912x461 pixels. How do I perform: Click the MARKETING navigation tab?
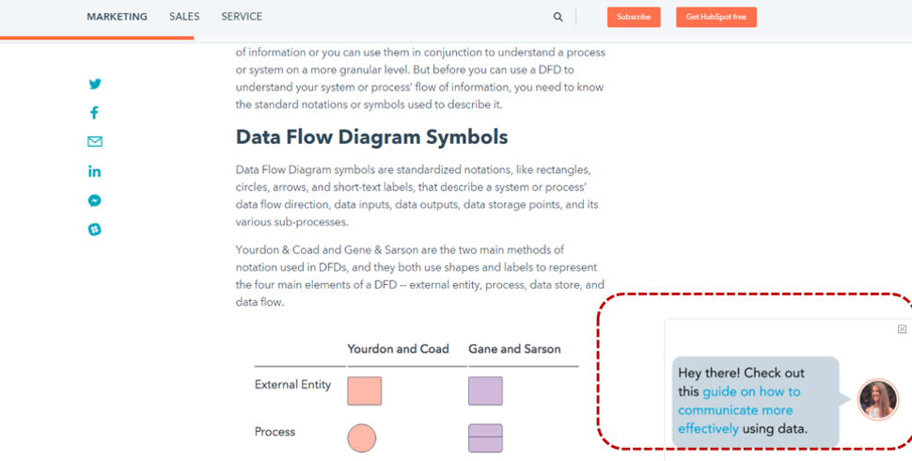point(117,17)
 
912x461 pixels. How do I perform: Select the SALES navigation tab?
point(184,17)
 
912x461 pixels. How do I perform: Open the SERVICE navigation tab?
point(242,17)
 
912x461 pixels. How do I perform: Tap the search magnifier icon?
point(558,17)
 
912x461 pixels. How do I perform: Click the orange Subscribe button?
point(634,17)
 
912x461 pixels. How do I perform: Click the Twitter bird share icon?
point(95,84)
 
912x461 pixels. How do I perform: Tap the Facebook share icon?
point(94,113)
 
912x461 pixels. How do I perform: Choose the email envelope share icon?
point(95,141)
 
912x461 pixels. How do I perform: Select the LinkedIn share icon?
point(94,171)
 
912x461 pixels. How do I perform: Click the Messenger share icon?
point(95,200)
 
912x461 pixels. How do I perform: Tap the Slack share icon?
point(95,230)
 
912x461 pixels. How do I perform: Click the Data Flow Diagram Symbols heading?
point(371,137)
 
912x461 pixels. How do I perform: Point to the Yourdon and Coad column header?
point(398,349)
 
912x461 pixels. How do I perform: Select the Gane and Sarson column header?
point(514,349)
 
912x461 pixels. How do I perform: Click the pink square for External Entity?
point(365,390)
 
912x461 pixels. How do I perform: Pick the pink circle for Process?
point(362,437)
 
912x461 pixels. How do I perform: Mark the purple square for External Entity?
point(485,390)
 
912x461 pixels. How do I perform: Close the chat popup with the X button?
point(902,329)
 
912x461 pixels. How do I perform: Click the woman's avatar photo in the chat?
point(878,399)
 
